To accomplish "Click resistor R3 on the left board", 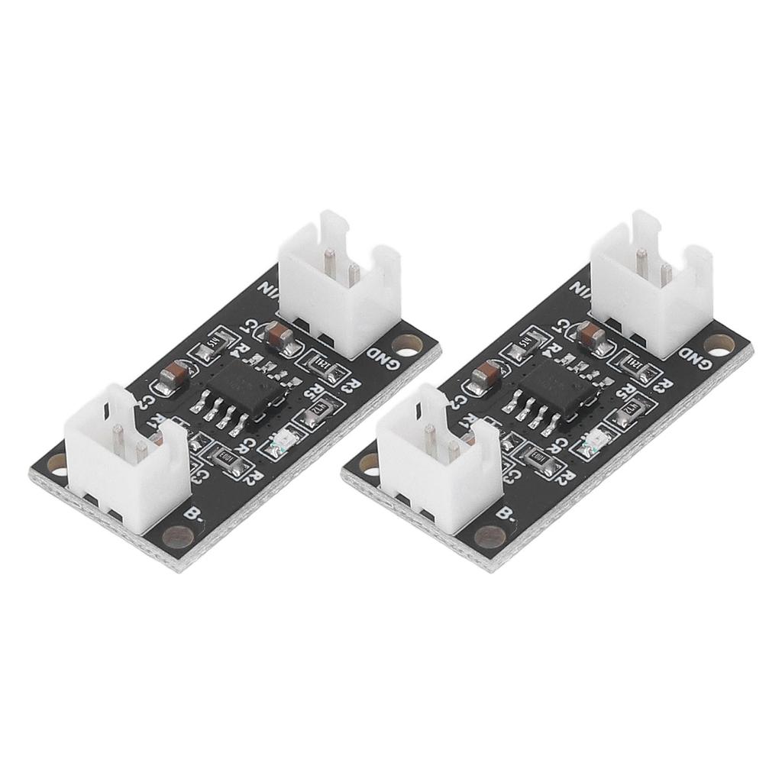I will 318,367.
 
